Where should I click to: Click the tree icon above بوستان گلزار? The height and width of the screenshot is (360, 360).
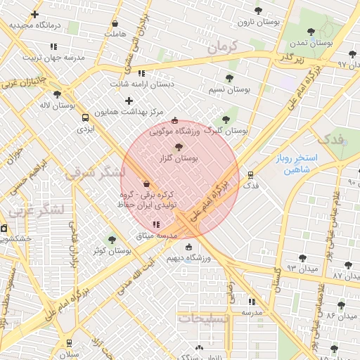(x=179, y=147)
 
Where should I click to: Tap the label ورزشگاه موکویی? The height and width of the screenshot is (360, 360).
(x=174, y=131)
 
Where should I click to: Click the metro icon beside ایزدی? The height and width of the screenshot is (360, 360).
(x=86, y=118)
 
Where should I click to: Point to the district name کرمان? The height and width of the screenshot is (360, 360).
(x=224, y=49)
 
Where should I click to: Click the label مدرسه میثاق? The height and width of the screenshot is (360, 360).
(x=157, y=236)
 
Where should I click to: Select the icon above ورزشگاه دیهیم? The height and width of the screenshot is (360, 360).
(x=188, y=246)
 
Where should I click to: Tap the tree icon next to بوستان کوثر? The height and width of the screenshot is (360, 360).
(x=111, y=240)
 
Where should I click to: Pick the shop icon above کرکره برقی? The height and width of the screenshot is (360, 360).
(x=146, y=184)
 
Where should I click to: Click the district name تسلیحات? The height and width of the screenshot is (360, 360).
(x=204, y=319)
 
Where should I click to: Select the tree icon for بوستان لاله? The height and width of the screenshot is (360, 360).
(x=57, y=94)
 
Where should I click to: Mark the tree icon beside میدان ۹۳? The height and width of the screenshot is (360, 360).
(x=302, y=258)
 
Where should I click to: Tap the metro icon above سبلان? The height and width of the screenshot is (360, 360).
(x=68, y=343)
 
